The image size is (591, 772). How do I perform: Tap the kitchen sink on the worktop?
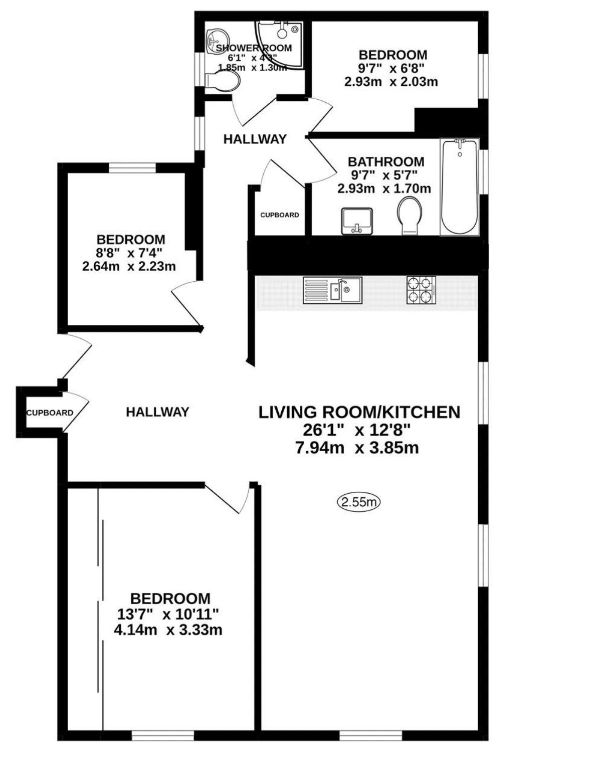pyautogui.click(x=332, y=290)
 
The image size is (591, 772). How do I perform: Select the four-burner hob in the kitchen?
pyautogui.click(x=421, y=290)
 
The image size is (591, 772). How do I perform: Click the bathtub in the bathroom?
pyautogui.click(x=459, y=187)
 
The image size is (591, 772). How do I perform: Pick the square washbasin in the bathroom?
pyautogui.click(x=356, y=222)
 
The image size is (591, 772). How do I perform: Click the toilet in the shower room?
pyautogui.click(x=223, y=82)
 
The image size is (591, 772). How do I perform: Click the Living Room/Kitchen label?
pyautogui.click(x=359, y=412)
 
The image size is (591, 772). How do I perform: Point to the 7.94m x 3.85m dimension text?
pyautogui.click(x=357, y=448)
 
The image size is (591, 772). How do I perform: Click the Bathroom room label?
pyautogui.click(x=385, y=161)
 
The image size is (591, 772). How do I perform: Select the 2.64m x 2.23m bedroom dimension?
pyautogui.click(x=129, y=266)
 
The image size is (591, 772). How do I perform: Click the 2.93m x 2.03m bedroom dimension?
pyautogui.click(x=391, y=82)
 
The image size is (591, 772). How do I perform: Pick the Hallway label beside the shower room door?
pyautogui.click(x=255, y=139)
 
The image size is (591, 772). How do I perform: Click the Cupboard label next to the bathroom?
pyautogui.click(x=280, y=215)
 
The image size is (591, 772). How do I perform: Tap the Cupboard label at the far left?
pyautogui.click(x=50, y=413)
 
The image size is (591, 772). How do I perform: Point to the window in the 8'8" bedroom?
pyautogui.click(x=132, y=168)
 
